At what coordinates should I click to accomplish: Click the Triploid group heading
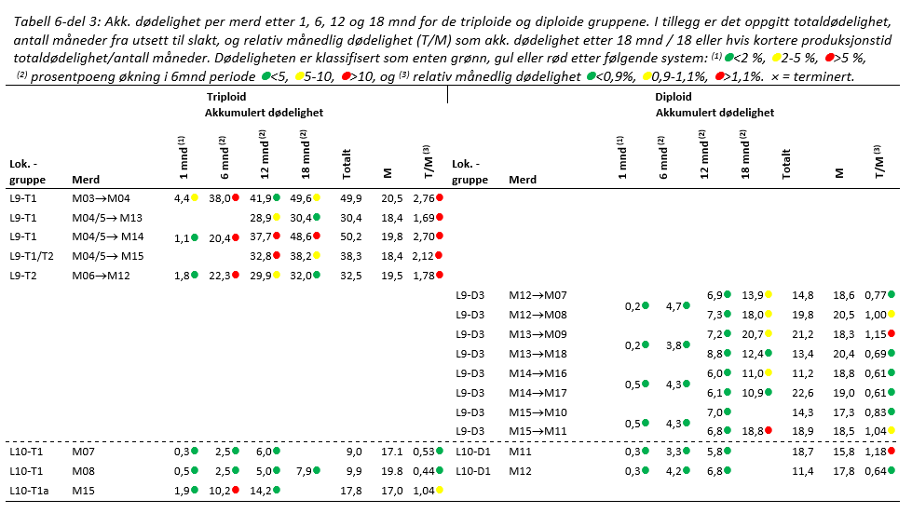(227, 97)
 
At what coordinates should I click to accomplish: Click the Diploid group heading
(673, 97)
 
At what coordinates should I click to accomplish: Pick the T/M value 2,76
(422, 198)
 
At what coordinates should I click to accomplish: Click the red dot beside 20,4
(238, 237)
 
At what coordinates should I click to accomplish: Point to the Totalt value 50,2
(352, 237)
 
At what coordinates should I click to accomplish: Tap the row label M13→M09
(538, 333)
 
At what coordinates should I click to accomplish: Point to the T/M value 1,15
(874, 333)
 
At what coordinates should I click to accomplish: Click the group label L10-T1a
(29, 491)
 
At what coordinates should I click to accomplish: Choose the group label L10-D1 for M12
(473, 471)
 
